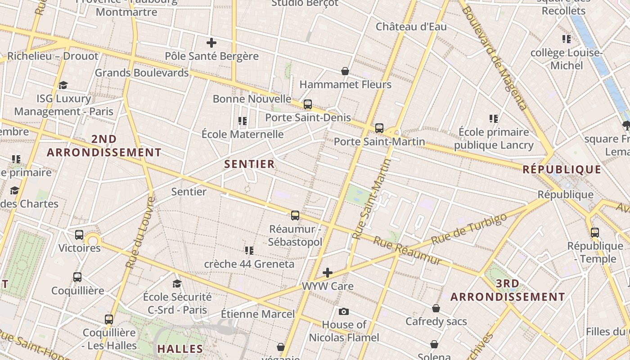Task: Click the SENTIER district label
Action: pyautogui.click(x=249, y=164)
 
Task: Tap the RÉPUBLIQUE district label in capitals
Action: pyautogui.click(x=562, y=170)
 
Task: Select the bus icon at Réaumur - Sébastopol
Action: pyautogui.click(x=295, y=216)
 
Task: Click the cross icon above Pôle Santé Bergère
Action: pyautogui.click(x=211, y=43)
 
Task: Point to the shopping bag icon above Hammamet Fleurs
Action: pyautogui.click(x=345, y=71)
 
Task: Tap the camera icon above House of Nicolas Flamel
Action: pyautogui.click(x=344, y=311)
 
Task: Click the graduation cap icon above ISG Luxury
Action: pyautogui.click(x=63, y=85)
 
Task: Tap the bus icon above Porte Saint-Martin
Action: pyautogui.click(x=379, y=128)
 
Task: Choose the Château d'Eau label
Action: pyautogui.click(x=411, y=27)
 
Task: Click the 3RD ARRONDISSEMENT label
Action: pyautogui.click(x=508, y=290)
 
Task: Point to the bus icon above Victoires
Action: pyautogui.click(x=79, y=234)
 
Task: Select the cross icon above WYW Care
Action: pyautogui.click(x=328, y=273)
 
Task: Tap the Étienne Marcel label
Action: pyautogui.click(x=258, y=314)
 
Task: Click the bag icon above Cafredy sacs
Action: pyautogui.click(x=436, y=308)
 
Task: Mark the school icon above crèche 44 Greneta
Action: pyautogui.click(x=249, y=250)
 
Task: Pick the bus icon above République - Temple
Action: pyautogui.click(x=595, y=233)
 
